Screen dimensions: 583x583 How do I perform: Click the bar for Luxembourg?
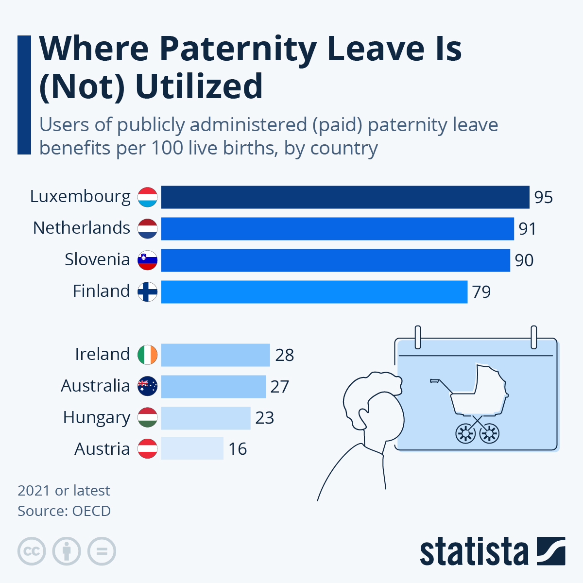(345, 197)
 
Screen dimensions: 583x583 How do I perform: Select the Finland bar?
(314, 292)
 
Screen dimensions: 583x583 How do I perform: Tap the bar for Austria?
(192, 448)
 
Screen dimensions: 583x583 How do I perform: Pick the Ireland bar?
(215, 355)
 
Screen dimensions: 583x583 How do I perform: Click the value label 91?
(527, 229)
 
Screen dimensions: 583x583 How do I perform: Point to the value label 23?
(265, 418)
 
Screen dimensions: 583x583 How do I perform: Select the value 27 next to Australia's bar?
(280, 387)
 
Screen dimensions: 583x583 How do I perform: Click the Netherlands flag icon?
(147, 229)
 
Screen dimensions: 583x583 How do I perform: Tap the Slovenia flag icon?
(147, 260)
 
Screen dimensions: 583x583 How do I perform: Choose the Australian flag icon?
(147, 386)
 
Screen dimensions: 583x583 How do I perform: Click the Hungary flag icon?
(147, 418)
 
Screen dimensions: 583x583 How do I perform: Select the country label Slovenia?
(97, 259)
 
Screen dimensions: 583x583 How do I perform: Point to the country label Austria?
(102, 449)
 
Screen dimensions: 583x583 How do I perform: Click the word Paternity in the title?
(238, 49)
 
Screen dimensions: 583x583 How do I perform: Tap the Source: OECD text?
(64, 511)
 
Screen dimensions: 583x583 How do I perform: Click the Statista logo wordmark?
(474, 552)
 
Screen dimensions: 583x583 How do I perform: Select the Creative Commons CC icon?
(32, 551)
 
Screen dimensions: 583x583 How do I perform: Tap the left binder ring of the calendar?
(417, 337)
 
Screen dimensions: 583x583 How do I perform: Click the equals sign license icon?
(102, 551)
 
